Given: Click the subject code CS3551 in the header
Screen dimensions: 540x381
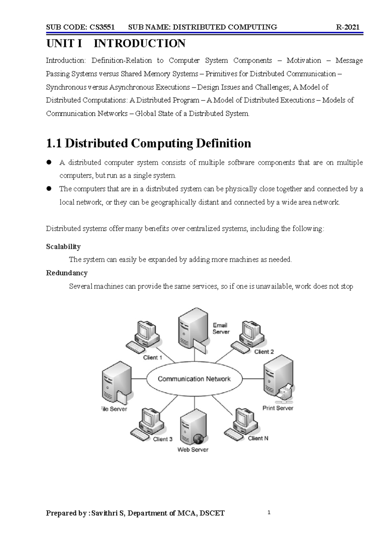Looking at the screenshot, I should click(102, 27).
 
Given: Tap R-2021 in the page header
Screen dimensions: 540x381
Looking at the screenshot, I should click(348, 27).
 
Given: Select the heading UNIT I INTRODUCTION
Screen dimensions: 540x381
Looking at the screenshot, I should click(116, 44).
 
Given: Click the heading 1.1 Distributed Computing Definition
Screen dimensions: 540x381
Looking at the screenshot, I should click(148, 143).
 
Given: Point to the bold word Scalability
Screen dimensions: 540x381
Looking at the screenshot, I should click(63, 247).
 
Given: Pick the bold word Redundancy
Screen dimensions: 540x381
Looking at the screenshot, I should click(67, 273).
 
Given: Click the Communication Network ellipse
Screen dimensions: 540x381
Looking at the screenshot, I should click(194, 379).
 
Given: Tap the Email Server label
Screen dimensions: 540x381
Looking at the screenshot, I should click(221, 329).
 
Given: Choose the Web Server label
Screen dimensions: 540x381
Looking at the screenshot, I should click(193, 450).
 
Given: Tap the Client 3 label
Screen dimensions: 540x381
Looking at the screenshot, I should click(163, 439).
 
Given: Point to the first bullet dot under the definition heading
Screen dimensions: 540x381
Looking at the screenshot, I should click(49, 162).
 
